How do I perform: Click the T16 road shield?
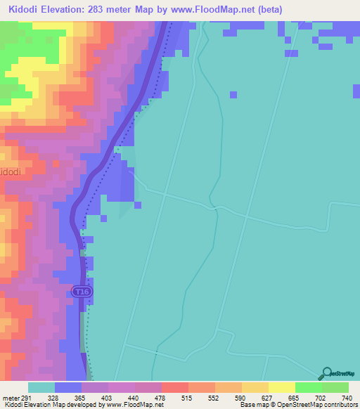[82, 291]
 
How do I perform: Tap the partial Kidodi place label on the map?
[11, 172]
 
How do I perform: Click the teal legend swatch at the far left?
[41, 387]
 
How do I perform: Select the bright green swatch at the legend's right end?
[335, 387]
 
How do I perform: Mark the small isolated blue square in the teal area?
[233, 95]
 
